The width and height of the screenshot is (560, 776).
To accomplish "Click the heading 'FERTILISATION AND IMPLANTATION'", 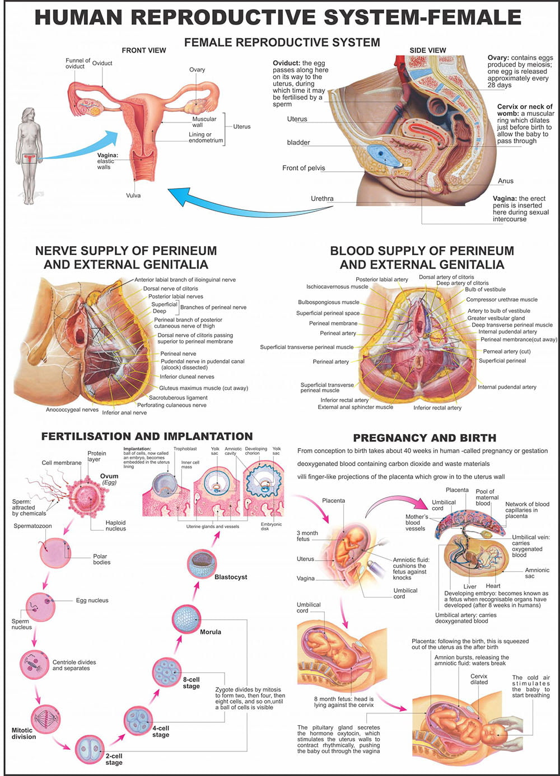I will tap(147, 436).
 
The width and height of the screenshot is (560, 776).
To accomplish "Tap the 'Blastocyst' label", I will tap(231, 577).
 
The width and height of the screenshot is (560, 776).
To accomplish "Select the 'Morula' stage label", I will tap(211, 632).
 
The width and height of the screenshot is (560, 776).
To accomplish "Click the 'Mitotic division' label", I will tap(24, 733).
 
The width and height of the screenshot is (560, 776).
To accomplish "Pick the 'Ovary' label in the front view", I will tap(197, 70).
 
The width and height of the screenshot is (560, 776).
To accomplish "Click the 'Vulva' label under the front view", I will tap(133, 195).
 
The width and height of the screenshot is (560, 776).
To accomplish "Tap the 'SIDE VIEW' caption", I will tap(428, 50).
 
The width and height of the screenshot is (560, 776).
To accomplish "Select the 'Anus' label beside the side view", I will tap(505, 181).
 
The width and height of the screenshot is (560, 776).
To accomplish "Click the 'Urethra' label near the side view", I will tap(322, 199).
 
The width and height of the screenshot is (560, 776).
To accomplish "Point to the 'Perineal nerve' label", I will tap(178, 354).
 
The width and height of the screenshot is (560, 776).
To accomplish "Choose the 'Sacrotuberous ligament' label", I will tap(178, 398).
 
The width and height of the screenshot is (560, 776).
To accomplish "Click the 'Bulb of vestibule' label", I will tap(485, 290).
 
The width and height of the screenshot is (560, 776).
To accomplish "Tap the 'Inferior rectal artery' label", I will tap(344, 400).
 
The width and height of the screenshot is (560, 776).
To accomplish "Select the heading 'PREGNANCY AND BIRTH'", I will tap(424, 438).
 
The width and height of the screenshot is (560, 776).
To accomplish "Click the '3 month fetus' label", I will tap(307, 536).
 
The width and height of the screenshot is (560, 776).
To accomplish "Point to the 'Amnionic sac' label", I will tap(537, 573).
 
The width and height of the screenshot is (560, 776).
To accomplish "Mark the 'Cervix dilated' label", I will tap(479, 679).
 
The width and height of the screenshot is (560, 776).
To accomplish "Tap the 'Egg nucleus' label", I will tap(92, 600).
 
